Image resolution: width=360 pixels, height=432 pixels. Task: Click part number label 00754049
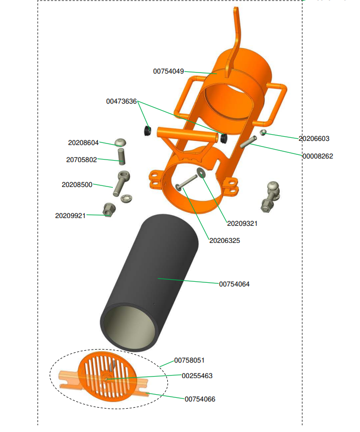[168, 71]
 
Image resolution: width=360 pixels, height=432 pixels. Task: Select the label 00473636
[121, 102]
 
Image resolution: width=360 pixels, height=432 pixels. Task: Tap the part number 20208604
[83, 142]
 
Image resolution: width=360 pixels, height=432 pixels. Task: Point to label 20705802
[81, 160]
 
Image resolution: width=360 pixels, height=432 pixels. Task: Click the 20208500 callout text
[77, 184]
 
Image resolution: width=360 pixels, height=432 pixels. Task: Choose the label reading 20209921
[70, 215]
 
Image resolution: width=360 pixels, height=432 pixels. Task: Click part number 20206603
[314, 139]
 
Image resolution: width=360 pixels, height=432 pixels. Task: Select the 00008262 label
[318, 156]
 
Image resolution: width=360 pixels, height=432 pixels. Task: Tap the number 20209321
[242, 224]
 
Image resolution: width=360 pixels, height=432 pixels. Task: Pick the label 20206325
[224, 240]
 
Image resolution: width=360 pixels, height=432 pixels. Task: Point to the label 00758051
[189, 360]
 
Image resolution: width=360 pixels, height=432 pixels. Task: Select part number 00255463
[197, 376]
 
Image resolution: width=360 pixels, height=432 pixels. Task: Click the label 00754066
[200, 399]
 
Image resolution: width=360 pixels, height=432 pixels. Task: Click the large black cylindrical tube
[150, 269]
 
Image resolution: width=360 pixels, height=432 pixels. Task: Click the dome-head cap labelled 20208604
[121, 141]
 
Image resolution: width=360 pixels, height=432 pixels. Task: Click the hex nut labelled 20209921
[109, 210]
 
